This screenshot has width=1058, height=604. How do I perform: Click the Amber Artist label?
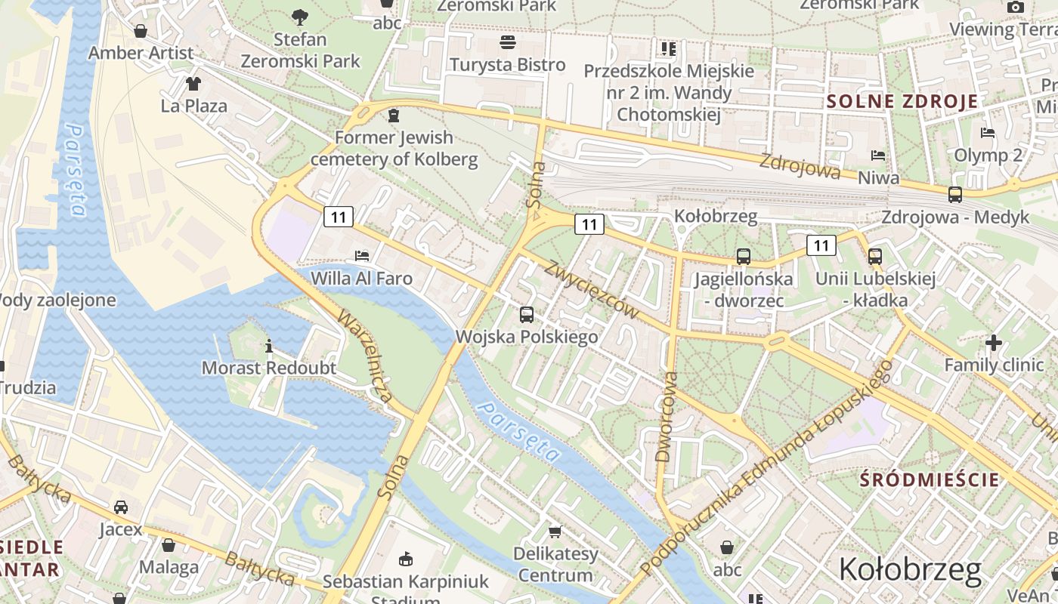pyautogui.click(x=141, y=53)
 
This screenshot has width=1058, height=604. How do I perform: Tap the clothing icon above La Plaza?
pyautogui.click(x=193, y=83)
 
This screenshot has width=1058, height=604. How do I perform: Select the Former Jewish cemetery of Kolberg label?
pyautogui.click(x=394, y=149)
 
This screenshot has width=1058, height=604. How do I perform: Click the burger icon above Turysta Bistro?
pyautogui.click(x=507, y=42)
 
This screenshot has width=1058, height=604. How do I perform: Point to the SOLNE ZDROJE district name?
pyautogui.click(x=902, y=101)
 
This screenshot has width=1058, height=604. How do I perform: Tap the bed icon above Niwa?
pyautogui.click(x=877, y=156)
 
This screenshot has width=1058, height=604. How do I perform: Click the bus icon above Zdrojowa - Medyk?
pyautogui.click(x=955, y=195)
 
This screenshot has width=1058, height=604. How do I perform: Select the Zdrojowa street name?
pyautogui.click(x=800, y=166)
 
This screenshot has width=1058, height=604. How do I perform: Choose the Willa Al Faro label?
pyautogui.click(x=361, y=279)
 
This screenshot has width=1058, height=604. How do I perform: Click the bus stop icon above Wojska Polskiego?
pyautogui.click(x=527, y=315)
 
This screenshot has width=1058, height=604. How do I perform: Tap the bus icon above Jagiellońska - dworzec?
pyautogui.click(x=744, y=257)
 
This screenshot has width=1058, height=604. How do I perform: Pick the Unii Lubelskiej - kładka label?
pyautogui.click(x=875, y=290)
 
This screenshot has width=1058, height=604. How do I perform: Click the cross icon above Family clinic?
pyautogui.click(x=993, y=344)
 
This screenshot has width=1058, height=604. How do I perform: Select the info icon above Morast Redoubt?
pyautogui.click(x=269, y=347)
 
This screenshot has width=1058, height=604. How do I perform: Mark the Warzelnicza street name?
pyautogui.click(x=365, y=355)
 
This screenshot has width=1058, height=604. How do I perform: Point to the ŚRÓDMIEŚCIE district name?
pyautogui.click(x=930, y=479)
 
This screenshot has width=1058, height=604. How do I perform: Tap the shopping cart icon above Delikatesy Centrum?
pyautogui.click(x=555, y=532)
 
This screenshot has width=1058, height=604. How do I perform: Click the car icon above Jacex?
pyautogui.click(x=121, y=507)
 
